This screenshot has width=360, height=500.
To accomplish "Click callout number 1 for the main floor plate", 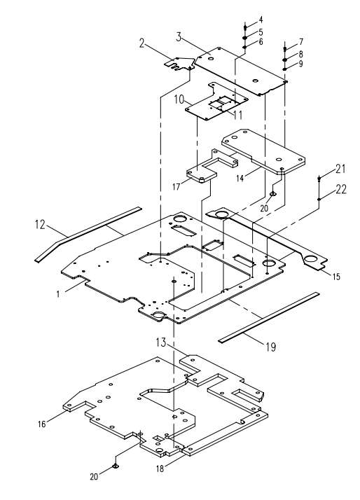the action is (x=58, y=294).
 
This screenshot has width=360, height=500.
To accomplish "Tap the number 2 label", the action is (x=142, y=43).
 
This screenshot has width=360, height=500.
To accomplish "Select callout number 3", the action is (x=179, y=37).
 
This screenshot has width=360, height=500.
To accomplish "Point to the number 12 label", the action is (x=40, y=224).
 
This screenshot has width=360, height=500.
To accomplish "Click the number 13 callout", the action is (x=161, y=343).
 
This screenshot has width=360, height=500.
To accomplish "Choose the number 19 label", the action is (x=271, y=347).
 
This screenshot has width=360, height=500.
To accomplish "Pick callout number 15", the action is (x=336, y=277).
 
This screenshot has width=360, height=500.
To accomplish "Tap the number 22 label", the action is (x=341, y=189).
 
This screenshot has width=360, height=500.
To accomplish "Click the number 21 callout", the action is (x=340, y=168).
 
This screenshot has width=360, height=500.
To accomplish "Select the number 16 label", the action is (x=42, y=424).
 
